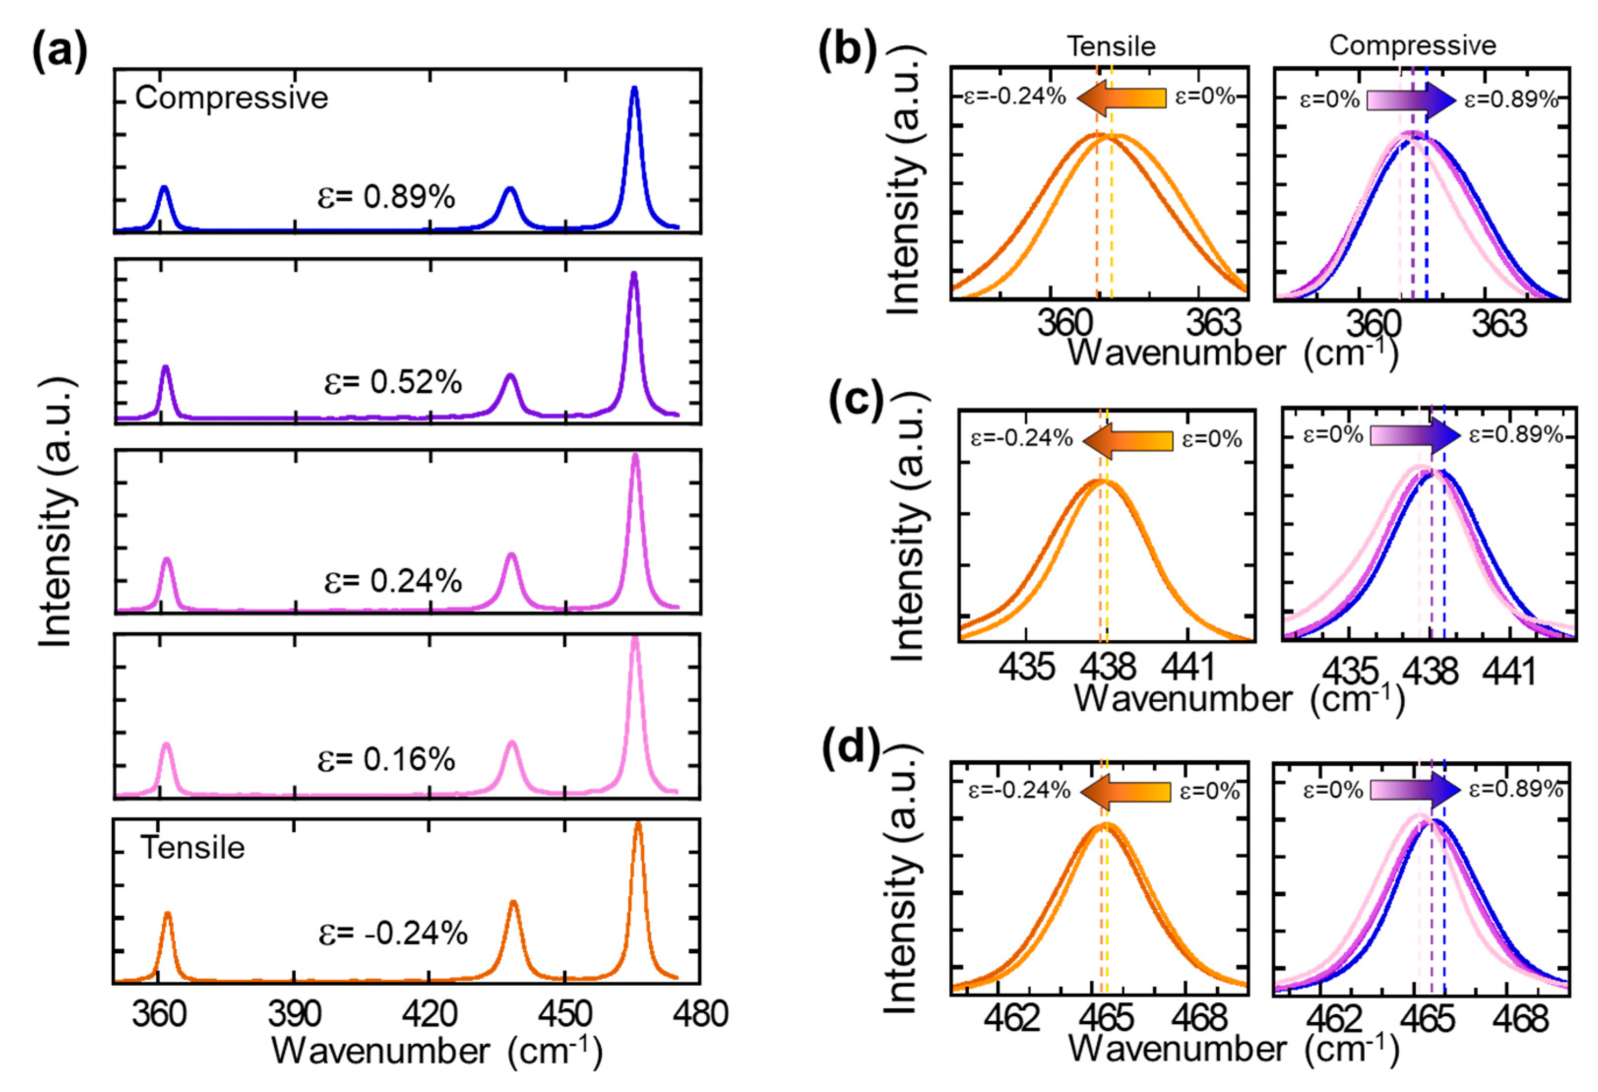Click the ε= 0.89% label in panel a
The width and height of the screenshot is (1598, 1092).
(x=386, y=197)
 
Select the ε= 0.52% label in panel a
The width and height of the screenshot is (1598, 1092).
(x=393, y=382)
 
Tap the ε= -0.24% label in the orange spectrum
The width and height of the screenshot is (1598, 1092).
(x=393, y=934)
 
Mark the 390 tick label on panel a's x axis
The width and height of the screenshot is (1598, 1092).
(x=294, y=1014)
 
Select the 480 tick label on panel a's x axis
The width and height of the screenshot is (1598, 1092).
(x=700, y=1014)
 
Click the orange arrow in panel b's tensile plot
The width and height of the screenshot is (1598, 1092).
(x=1121, y=97)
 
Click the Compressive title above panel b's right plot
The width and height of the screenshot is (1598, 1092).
(x=1413, y=45)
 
